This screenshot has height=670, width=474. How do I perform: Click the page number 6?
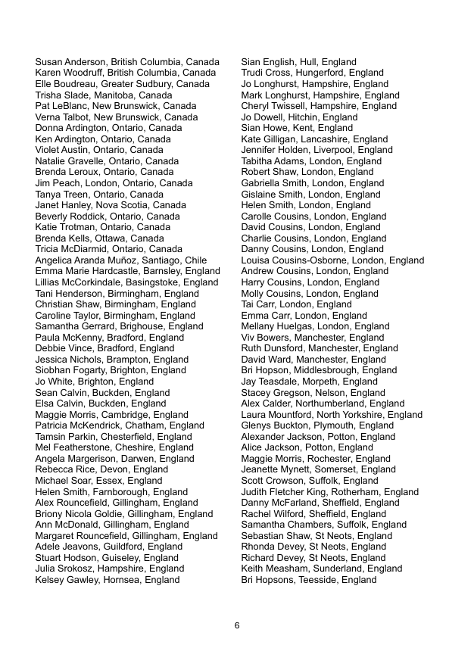(x=237, y=625)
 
